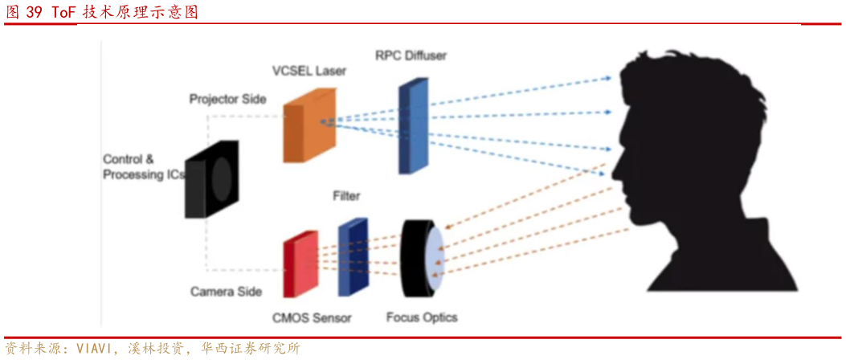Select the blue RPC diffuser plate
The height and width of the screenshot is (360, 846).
pyautogui.click(x=411, y=126)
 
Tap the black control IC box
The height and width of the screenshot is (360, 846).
pyautogui.click(x=211, y=179)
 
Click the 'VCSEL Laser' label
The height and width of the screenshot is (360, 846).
pyautogui.click(x=309, y=71)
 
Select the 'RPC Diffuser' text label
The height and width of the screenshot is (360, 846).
pyautogui.click(x=411, y=55)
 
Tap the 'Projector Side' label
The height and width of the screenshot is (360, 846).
pyautogui.click(x=227, y=99)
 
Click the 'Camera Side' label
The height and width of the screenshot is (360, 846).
pyautogui.click(x=227, y=291)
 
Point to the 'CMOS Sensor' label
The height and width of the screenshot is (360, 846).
pyautogui.click(x=313, y=317)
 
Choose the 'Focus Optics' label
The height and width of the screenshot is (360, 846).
pyautogui.click(x=422, y=317)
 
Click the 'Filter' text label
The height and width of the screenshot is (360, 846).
pyautogui.click(x=346, y=195)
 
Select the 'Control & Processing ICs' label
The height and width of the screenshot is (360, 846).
pyautogui.click(x=142, y=166)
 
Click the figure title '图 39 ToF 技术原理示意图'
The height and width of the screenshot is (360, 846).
pyautogui.click(x=102, y=12)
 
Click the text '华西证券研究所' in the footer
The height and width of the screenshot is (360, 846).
pyautogui.click(x=251, y=349)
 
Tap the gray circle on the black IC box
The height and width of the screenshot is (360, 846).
pyautogui.click(x=222, y=178)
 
